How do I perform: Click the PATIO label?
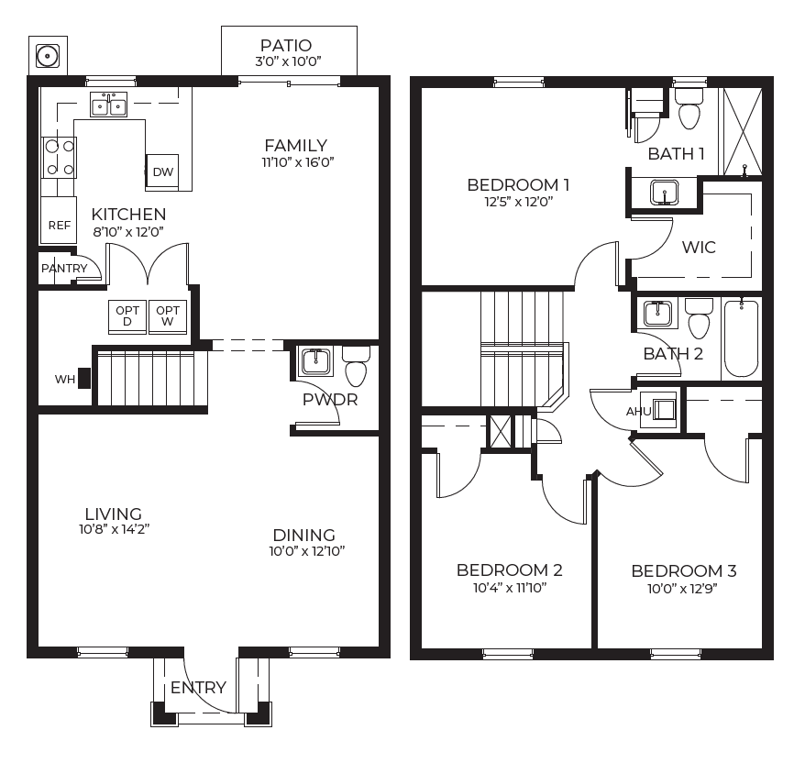tap(286, 45)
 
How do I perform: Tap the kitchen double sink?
tap(108, 105)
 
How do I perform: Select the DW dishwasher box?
tap(162, 171)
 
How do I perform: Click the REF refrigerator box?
tap(59, 220)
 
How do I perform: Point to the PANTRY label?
tap(64, 268)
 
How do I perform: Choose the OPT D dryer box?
tap(127, 316)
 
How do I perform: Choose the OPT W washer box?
tap(168, 316)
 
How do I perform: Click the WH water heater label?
tap(65, 380)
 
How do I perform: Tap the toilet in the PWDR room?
tap(356, 366)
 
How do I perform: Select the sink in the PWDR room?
tap(315, 361)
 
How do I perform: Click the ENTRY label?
tap(198, 687)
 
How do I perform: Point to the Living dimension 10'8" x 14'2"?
tap(114, 529)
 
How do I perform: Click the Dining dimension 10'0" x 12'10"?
tap(307, 551)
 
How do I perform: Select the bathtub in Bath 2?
tap(742, 338)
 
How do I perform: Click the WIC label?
tap(699, 247)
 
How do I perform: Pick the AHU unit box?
tap(660, 409)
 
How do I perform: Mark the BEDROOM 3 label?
tap(684, 570)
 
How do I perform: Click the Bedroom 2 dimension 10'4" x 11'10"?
tap(509, 588)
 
